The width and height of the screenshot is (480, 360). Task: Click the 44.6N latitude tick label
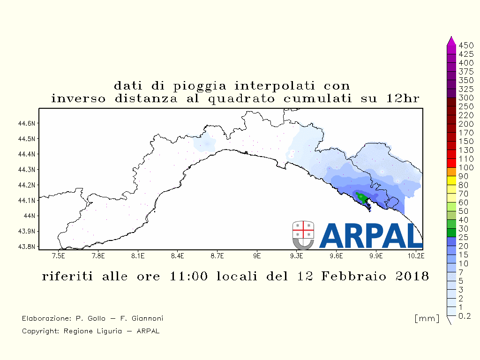[x=27, y=123]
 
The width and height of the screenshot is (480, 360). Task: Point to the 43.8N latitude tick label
[x=27, y=247]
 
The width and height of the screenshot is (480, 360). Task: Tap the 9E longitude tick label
[x=257, y=255]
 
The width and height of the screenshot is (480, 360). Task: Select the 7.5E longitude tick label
[x=59, y=255]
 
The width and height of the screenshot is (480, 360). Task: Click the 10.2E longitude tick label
[x=415, y=255]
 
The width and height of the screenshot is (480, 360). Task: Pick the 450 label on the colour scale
[x=466, y=45]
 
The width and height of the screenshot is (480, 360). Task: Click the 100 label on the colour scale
[x=466, y=167]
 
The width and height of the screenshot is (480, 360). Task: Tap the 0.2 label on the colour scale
[x=465, y=316]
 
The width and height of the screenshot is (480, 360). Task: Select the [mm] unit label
[x=427, y=318]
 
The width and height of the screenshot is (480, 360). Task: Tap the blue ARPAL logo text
[x=371, y=235]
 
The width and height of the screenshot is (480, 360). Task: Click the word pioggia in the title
[x=200, y=86]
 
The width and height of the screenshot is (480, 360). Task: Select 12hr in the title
[x=402, y=98]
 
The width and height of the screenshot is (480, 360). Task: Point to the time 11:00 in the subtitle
[x=188, y=276]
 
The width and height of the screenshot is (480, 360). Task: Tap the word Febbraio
[x=353, y=277]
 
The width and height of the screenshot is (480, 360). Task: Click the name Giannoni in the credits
[x=147, y=318]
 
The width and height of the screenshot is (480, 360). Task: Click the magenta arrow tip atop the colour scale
[x=451, y=37]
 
